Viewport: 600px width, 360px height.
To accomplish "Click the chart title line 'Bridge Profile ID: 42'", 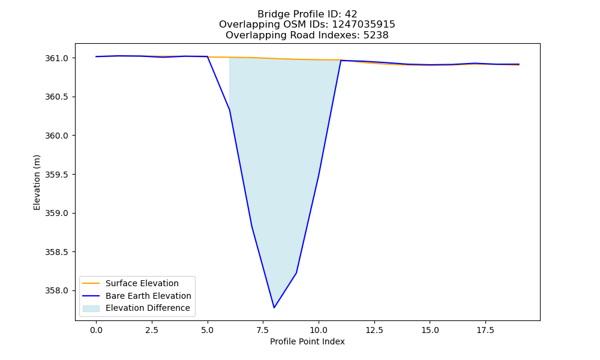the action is (x=307, y=14).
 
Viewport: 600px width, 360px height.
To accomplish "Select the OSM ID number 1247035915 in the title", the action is (x=363, y=25).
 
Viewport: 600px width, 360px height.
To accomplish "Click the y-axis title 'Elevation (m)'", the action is (x=37, y=182).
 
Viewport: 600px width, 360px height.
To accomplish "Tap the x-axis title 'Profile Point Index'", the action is (x=307, y=341).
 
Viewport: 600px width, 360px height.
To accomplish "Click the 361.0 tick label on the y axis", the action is (x=56, y=58).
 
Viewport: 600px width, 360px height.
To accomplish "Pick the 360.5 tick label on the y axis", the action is (x=56, y=97).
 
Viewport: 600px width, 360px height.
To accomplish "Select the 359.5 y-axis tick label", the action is (x=56, y=175).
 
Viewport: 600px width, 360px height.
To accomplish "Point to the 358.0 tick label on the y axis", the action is (x=56, y=291).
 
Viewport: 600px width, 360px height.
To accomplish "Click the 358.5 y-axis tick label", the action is (x=56, y=252).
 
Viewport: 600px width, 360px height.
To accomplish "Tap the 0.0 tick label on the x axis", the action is (x=96, y=330).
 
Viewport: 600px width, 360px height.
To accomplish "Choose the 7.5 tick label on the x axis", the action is (x=263, y=330).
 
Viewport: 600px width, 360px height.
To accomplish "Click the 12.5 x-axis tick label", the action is (x=374, y=330).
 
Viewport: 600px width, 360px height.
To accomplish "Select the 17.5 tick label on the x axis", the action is (x=485, y=330).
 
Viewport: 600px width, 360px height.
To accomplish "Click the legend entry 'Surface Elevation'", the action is (x=142, y=283).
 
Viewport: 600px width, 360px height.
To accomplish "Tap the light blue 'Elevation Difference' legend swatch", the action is (x=91, y=308).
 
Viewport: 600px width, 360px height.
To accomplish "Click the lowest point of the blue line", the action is (x=274, y=308).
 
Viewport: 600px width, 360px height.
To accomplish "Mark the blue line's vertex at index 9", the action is (x=296, y=273).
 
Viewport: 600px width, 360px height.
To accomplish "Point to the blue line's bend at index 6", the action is (x=230, y=110).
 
